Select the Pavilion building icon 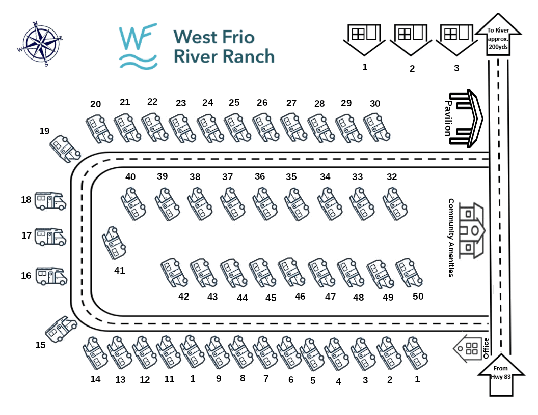point(468,118)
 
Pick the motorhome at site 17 point(50,237)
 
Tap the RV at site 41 point(114,243)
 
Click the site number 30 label point(375,104)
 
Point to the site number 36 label point(260,176)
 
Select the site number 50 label point(418,296)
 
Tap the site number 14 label point(95,379)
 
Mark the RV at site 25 point(236,127)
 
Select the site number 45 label point(271,298)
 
